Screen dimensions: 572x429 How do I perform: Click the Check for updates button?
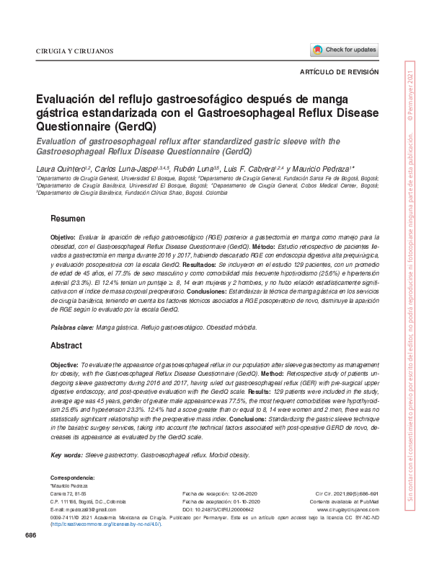pyautogui.click(x=345, y=50)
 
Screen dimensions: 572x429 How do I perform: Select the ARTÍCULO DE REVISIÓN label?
pyautogui.click(x=339, y=74)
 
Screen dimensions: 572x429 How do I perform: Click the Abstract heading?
pyautogui.click(x=67, y=346)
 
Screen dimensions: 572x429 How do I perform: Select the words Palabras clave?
pyautogui.click(x=71, y=327)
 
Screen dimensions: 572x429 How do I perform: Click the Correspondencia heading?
pyautogui.click(x=72, y=479)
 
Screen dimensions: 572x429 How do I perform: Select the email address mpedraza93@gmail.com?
pyautogui.click(x=80, y=509)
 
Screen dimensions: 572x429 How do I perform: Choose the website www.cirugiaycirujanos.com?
pyautogui.click(x=348, y=509)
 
